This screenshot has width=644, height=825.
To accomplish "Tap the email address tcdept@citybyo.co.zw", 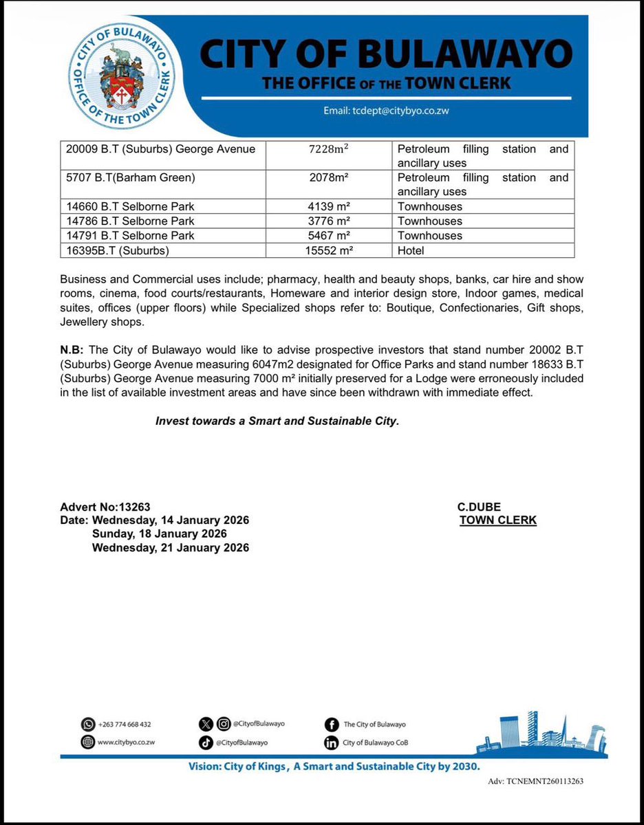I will point(387,111).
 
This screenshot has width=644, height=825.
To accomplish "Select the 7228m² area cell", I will point(330,149).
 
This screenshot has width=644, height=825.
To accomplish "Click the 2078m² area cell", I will point(330,178).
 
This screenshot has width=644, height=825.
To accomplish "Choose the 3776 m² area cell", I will point(330,221).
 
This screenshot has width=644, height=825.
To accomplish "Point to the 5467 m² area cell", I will point(330,235).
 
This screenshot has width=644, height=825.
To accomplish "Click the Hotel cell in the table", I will point(411,251).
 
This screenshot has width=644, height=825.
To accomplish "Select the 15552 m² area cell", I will point(330,251).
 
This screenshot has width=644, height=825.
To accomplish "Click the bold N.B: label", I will point(72,350).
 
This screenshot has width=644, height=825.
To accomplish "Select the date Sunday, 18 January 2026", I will point(160,533).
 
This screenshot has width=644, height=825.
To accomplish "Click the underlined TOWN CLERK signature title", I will point(498,520).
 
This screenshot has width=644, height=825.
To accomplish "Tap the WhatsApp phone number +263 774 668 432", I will point(126,724).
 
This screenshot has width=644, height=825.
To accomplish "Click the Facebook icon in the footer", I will point(331,724).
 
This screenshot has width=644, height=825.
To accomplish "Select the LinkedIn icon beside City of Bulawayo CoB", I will point(331,742).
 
